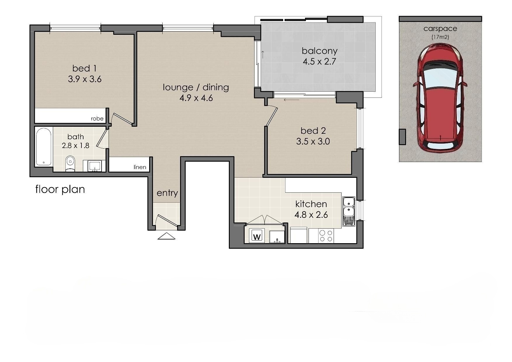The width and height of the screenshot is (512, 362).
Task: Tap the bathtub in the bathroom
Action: (44, 147)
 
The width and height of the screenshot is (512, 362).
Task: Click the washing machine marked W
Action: (257, 235)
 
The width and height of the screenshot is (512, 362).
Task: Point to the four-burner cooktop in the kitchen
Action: (326, 236)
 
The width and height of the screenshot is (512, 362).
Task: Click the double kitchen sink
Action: (349, 211)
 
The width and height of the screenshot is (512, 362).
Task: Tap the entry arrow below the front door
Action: (166, 236)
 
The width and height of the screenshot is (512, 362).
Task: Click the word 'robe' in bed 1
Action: (97, 119)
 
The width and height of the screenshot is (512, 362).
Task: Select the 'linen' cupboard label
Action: (140, 167)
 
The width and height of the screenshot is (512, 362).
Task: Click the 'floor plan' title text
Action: (60, 189)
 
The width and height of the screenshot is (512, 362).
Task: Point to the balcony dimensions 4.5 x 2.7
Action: (319, 62)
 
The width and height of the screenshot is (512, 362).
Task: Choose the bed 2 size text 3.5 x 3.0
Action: (313, 142)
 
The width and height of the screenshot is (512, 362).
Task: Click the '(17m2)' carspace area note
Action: (440, 37)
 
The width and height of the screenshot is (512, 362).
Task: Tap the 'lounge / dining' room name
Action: (196, 87)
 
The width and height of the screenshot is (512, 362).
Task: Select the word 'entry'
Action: (167, 193)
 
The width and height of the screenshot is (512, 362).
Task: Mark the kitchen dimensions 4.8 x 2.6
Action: (311, 215)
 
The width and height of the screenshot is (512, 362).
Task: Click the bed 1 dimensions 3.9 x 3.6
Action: (85, 79)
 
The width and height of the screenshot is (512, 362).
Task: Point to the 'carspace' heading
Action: (440, 29)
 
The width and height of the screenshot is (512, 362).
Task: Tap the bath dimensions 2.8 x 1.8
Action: (76, 145)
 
